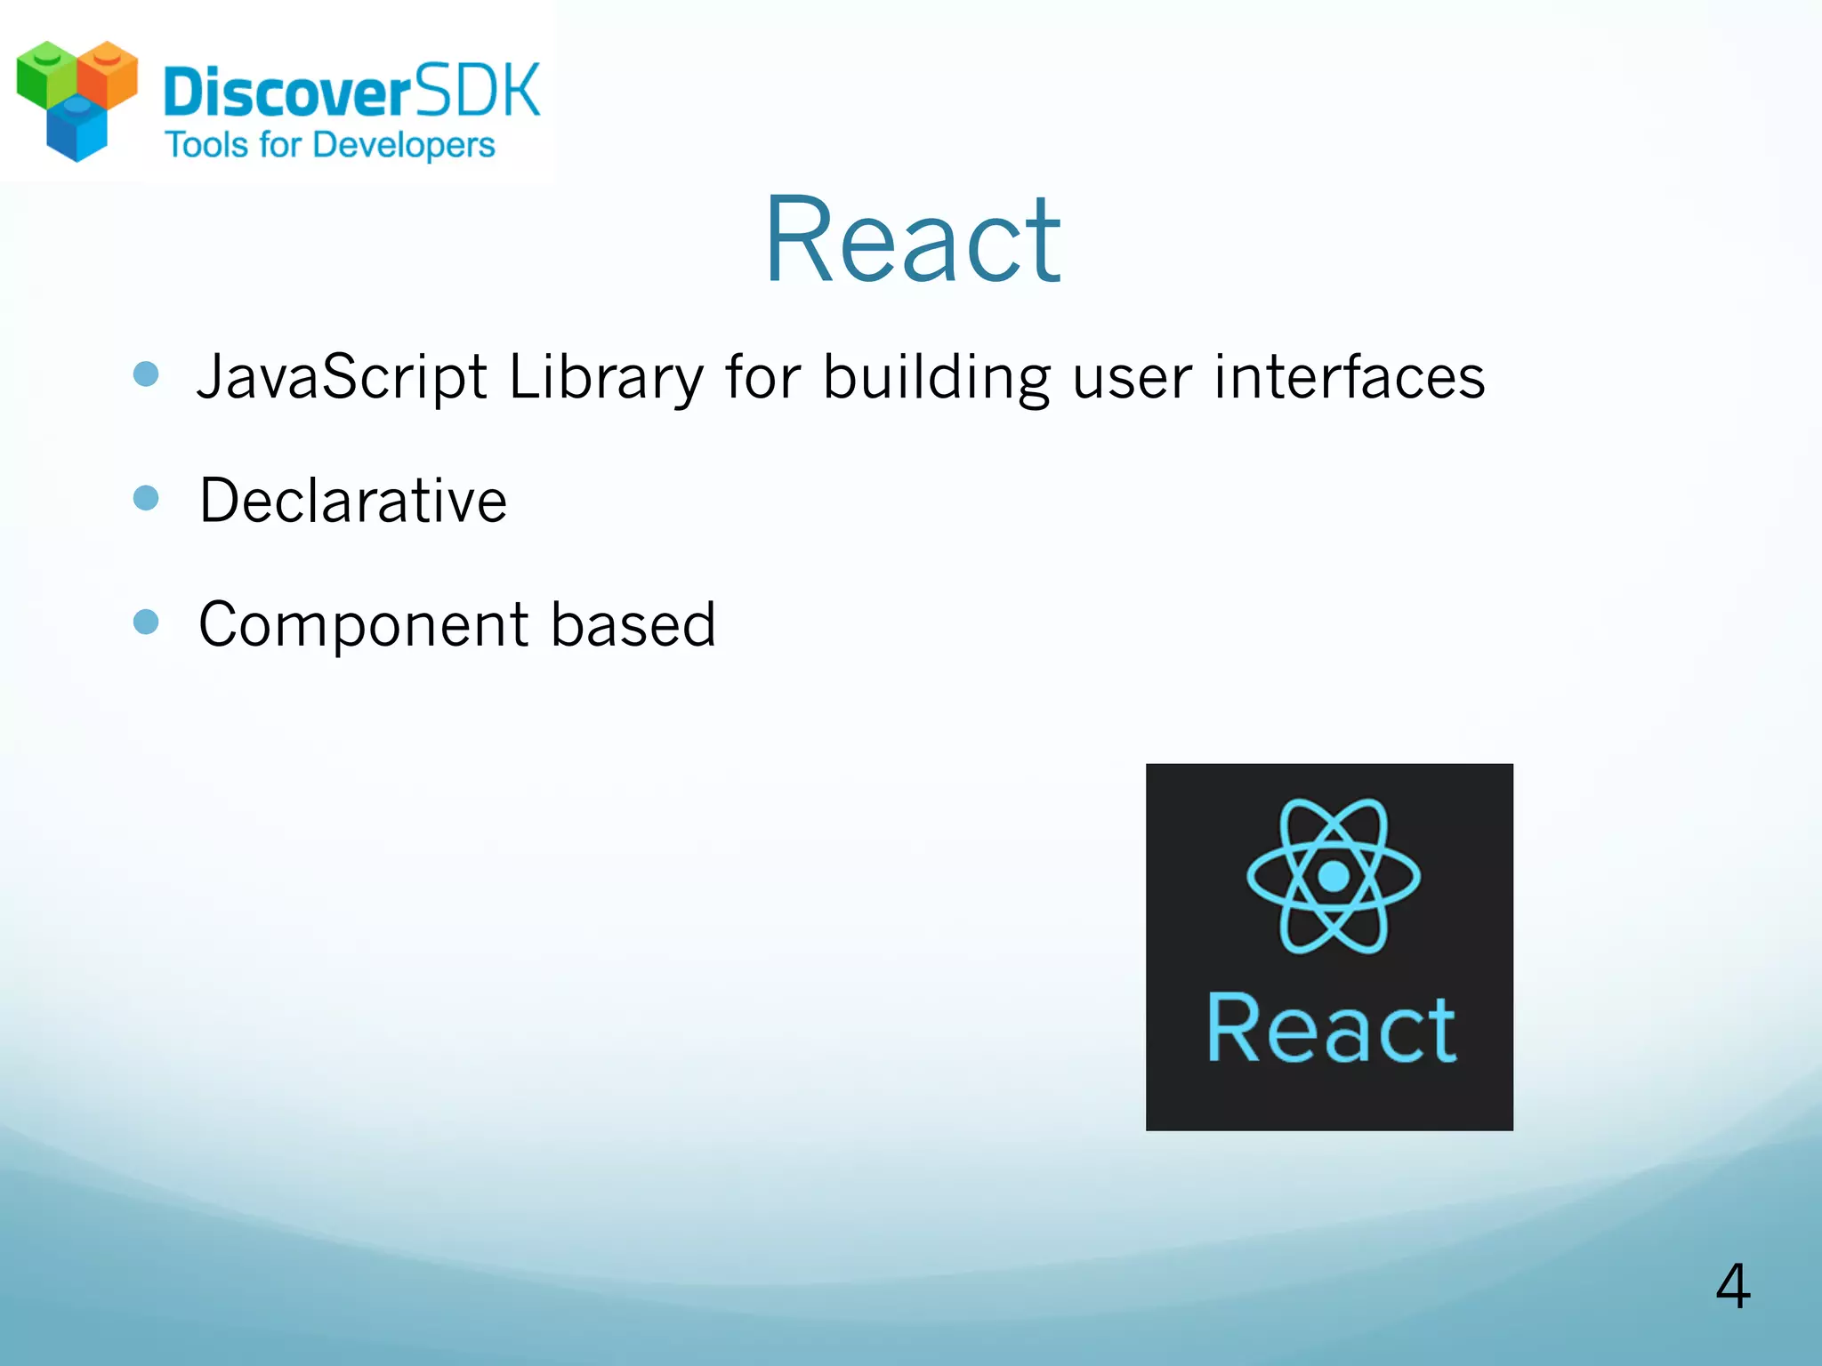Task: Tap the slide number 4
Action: [1733, 1287]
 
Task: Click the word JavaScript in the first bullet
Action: [342, 377]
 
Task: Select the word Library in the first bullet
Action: [606, 377]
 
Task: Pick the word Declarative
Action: [353, 501]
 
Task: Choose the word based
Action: [633, 624]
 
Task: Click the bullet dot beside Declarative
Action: [146, 498]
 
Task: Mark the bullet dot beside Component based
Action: [146, 622]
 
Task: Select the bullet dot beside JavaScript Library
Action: [146, 374]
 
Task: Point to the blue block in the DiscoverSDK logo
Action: [77, 132]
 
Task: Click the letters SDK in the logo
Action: [479, 91]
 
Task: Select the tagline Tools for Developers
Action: [330, 145]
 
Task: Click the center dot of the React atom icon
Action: [1333, 876]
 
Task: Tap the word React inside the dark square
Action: [1331, 1029]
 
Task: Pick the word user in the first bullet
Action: [1132, 377]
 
